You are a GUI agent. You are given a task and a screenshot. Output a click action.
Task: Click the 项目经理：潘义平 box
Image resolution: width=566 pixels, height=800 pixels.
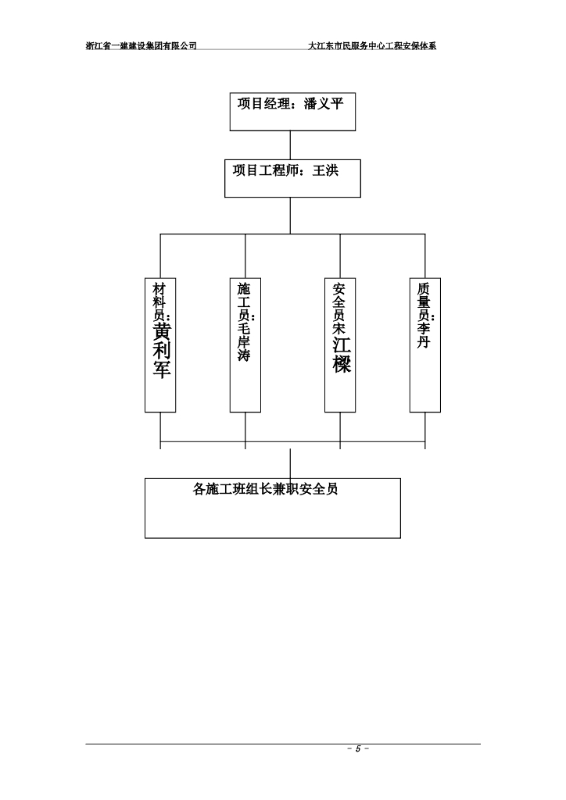coord(292,111)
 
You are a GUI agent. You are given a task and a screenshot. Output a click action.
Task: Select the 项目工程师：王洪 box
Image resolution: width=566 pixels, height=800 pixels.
coord(292,179)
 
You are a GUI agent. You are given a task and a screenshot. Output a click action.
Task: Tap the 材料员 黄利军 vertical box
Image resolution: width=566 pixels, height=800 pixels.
coord(160,344)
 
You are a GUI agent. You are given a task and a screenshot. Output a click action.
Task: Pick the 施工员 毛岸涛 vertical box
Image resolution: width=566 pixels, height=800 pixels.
coord(245,344)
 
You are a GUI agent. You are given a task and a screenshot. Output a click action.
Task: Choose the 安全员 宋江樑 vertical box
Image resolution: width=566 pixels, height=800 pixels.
coord(340,344)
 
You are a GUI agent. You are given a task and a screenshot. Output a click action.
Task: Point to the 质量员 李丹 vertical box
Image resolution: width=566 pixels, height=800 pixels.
coord(424,344)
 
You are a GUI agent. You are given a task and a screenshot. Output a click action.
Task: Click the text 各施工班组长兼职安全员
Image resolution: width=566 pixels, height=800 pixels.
coord(265,490)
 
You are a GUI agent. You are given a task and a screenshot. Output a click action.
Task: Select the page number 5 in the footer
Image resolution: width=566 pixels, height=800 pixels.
coord(357,749)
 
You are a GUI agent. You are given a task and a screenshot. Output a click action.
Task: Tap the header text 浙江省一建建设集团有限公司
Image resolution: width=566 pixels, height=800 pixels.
coord(141,46)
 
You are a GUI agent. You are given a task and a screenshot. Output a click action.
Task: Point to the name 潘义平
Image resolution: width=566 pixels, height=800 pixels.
coord(323,104)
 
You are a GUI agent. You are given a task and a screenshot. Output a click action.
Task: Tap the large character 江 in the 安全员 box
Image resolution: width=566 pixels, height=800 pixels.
coord(341,345)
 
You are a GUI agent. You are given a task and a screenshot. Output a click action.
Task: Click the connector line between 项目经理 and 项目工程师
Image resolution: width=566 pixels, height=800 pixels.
coord(291,145)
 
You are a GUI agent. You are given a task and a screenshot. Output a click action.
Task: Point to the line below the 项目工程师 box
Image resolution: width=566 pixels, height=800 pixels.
coord(291,215)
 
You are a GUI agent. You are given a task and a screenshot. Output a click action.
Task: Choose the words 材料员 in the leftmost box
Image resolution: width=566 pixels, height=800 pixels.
coord(160,301)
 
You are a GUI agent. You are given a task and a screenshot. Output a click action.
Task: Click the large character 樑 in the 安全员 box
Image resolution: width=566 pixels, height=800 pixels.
coord(341,364)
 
